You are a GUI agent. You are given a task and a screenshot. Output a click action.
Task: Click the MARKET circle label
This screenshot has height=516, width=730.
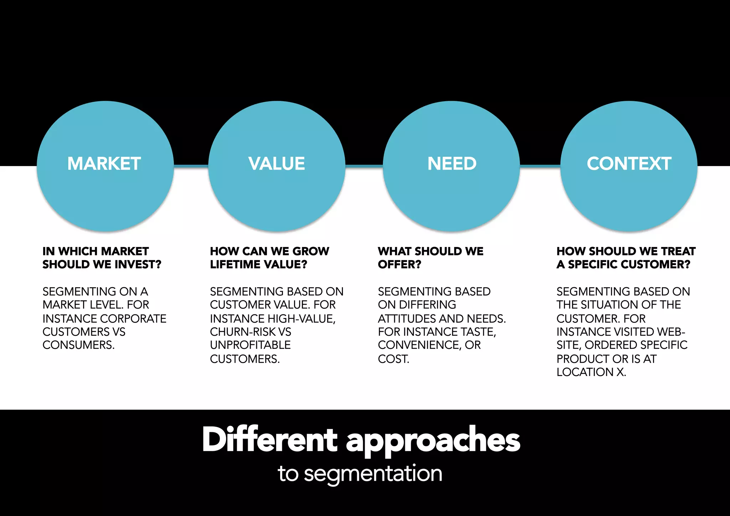(x=104, y=164)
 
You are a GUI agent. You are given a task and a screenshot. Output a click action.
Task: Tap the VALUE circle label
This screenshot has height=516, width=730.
(x=277, y=164)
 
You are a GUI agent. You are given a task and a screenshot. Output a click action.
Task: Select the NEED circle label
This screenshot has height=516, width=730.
(x=452, y=164)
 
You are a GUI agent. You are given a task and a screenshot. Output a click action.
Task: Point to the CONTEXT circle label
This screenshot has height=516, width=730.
(x=629, y=164)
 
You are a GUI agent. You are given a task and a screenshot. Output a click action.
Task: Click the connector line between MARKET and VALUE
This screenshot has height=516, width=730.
(x=191, y=166)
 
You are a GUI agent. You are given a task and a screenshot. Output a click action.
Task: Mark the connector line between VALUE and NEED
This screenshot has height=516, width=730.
(x=364, y=166)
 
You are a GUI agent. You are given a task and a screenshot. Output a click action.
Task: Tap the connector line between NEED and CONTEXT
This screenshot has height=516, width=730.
(x=540, y=166)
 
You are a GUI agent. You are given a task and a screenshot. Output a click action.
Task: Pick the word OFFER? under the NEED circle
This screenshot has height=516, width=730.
(x=399, y=264)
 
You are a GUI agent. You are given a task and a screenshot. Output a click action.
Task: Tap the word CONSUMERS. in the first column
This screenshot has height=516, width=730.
(x=78, y=345)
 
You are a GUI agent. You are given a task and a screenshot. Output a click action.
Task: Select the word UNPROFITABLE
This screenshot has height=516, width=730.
(x=250, y=345)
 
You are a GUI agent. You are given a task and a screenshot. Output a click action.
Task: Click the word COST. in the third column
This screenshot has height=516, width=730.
(x=393, y=358)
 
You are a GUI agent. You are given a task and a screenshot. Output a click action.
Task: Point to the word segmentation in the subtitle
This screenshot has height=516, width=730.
(x=373, y=474)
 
